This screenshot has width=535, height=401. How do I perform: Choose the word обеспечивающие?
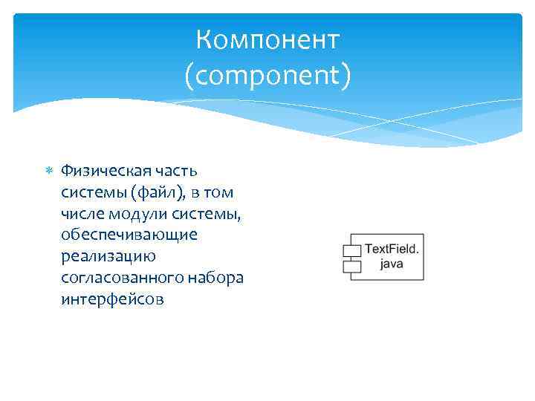pos(129,235)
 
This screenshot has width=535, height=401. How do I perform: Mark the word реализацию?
pos(108,257)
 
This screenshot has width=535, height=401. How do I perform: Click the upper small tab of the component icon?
pos(351,250)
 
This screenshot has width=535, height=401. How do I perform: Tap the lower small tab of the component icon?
pos(351,265)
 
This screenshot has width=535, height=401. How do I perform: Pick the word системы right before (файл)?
pos(95,192)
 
